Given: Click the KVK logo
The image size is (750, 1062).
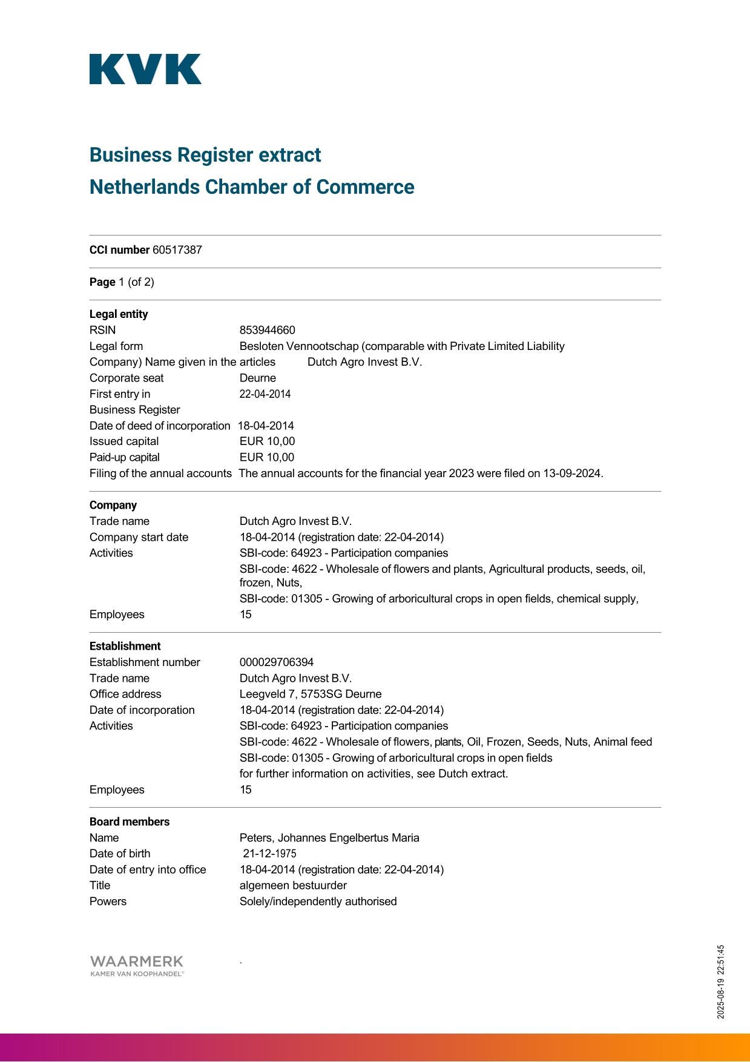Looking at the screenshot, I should [145, 69].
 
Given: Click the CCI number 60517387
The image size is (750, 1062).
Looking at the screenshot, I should [177, 250].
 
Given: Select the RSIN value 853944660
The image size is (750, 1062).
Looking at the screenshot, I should [267, 330].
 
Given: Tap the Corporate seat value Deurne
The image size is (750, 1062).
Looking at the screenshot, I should [257, 378].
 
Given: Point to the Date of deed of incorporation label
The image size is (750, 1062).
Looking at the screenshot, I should [160, 426].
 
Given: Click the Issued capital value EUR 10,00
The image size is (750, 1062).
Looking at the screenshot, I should [267, 441].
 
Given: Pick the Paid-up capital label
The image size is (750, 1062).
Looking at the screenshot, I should [124, 457].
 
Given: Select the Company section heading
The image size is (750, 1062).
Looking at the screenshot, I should [113, 505].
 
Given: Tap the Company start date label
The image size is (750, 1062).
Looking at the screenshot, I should [139, 537].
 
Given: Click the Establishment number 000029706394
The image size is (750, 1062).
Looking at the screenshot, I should [277, 662].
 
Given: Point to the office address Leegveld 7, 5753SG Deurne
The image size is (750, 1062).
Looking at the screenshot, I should [311, 694].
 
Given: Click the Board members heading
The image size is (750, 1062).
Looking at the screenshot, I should [130, 822].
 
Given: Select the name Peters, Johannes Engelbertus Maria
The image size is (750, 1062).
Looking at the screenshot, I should [329, 838].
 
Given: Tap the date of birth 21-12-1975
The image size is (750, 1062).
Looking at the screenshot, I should [269, 854].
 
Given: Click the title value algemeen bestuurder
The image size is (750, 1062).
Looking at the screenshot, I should [293, 885].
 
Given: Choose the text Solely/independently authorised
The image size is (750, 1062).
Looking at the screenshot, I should [318, 902].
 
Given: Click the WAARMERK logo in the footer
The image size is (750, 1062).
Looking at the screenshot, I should [137, 965].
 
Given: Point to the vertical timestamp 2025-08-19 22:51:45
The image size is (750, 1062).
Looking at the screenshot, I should [720, 981].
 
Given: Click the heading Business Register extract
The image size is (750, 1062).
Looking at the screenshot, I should [205, 155].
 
